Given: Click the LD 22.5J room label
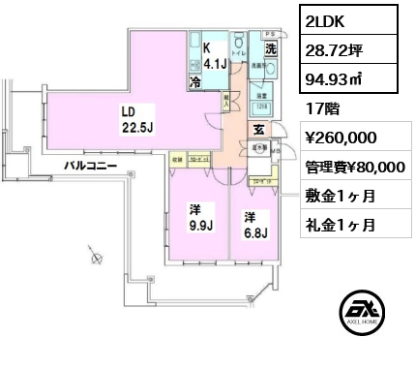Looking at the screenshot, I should (x=132, y=117).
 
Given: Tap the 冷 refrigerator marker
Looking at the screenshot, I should (x=195, y=84).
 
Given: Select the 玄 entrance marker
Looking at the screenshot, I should (x=259, y=129).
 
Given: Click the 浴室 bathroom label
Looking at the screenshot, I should (x=261, y=97).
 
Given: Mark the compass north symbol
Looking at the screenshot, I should (x=95, y=257).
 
